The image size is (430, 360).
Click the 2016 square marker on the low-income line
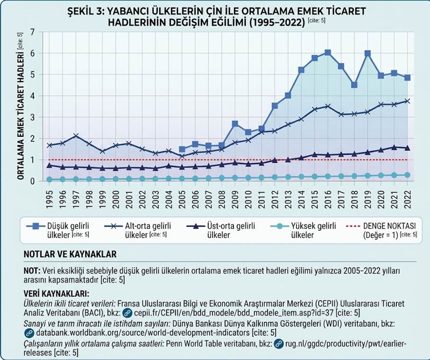(x=328, y=53)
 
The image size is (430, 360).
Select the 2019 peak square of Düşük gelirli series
(x=368, y=53)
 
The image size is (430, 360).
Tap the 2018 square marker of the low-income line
(x=354, y=85)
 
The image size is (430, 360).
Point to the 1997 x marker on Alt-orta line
(x=76, y=136)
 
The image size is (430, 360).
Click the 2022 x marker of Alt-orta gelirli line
(x=407, y=101)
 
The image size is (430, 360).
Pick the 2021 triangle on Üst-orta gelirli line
(x=394, y=148)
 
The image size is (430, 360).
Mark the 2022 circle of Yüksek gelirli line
(x=407, y=175)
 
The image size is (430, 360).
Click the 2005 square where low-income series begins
(x=182, y=149)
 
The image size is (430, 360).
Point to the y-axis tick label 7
(x=33, y=32)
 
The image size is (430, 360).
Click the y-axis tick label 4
(x=33, y=96)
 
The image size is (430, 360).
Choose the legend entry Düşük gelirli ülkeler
(x=58, y=230)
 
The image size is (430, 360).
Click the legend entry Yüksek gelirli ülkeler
(x=303, y=230)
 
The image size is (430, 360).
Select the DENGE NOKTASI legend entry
(x=382, y=230)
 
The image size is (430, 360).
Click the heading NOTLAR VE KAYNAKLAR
(x=70, y=254)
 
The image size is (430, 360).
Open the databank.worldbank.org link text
(x=143, y=333)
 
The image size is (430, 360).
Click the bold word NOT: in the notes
(x=32, y=271)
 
